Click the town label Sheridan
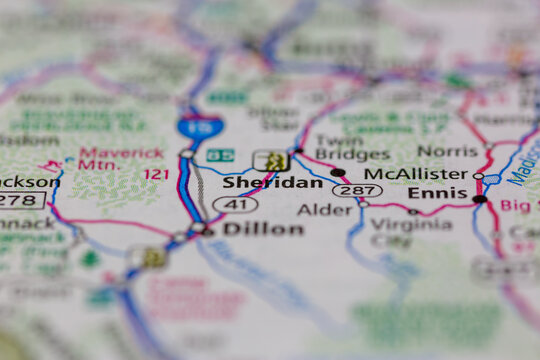click(x=258, y=183)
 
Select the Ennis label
click(x=437, y=193)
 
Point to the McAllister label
click(x=415, y=173)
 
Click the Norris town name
click(x=447, y=150)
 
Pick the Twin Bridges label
click(x=352, y=147)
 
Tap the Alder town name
click(x=324, y=210)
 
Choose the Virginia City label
click(x=411, y=231)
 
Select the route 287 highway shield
click(x=356, y=189)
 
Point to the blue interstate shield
click(x=199, y=126)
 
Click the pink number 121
click(x=156, y=174)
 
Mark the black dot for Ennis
click(x=480, y=199)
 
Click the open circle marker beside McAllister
click(x=478, y=176)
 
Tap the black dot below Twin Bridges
click(x=338, y=172)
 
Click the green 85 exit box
click(x=220, y=155)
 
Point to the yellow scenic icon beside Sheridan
click(x=272, y=160)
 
